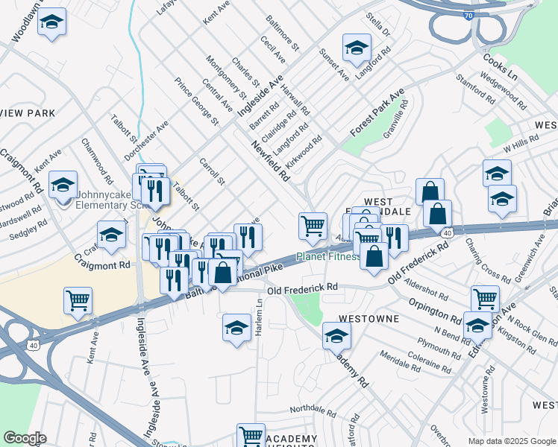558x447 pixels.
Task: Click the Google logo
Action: click(25, 438)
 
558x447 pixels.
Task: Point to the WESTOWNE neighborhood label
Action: click(369, 318)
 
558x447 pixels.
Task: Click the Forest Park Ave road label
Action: click(377, 112)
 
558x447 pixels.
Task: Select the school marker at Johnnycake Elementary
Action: click(63, 185)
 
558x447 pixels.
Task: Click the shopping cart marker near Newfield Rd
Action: click(313, 226)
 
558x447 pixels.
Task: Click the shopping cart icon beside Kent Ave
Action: click(78, 300)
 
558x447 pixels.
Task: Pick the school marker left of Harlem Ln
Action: click(236, 327)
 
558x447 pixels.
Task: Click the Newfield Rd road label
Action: click(269, 162)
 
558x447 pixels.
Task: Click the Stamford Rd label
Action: click(476, 89)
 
